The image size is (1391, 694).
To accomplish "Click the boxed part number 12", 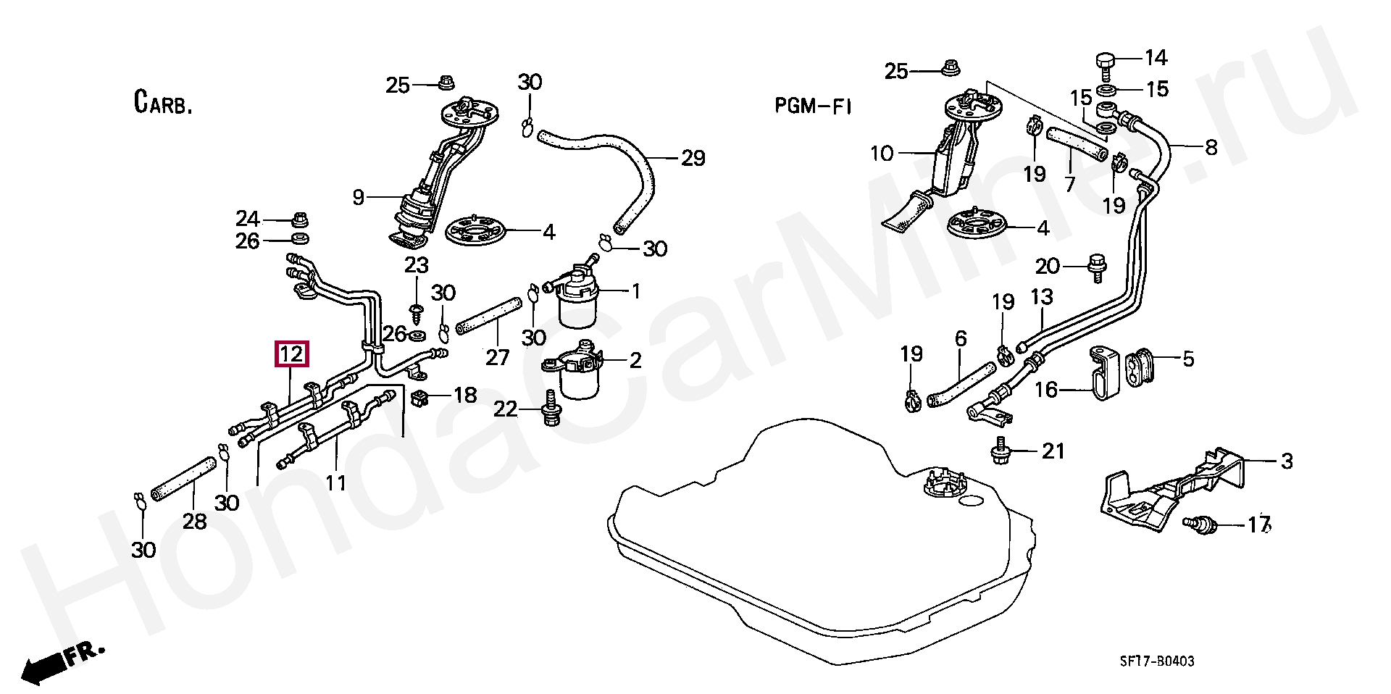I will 291,354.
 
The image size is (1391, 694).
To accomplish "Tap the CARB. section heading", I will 163,102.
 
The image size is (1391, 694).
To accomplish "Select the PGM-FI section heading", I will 813,106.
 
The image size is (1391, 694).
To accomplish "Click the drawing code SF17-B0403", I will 1157,661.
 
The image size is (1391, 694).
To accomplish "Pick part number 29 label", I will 693,158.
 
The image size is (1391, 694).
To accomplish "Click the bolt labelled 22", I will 551,411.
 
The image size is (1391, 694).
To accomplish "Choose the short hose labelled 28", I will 183,480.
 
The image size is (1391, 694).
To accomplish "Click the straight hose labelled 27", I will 489,316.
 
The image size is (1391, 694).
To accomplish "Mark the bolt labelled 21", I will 1001,451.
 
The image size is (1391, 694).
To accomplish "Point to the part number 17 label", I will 1259,524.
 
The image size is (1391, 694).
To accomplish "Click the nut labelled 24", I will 299,218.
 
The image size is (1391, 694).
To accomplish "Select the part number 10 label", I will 882,154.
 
